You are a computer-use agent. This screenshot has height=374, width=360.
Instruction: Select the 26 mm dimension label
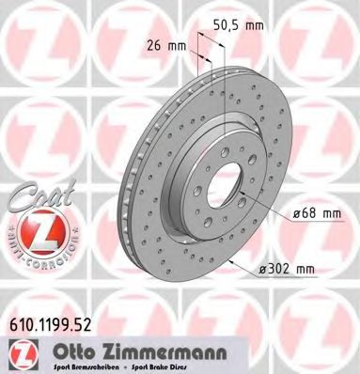(166, 42)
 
